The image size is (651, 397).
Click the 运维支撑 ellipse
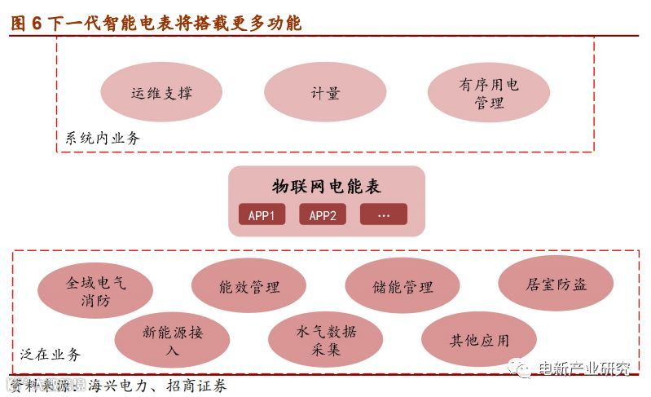tap(161, 93)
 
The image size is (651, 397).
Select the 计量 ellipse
tap(324, 93)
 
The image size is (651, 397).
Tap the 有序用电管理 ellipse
tap(488, 93)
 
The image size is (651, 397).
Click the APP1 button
tap(262, 215)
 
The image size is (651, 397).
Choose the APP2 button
tap(323, 215)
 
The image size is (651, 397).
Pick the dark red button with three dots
tap(384, 215)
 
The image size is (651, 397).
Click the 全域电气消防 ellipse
tap(95, 291)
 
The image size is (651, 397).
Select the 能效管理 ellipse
tap(249, 287)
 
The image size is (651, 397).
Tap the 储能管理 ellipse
tap(402, 287)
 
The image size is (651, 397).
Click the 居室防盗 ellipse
tap(556, 285)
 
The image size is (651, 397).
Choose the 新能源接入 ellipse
tap(172, 340)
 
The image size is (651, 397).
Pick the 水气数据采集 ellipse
tap(326, 340)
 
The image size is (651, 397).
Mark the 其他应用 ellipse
tap(479, 340)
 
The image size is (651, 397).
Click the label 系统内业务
tap(103, 138)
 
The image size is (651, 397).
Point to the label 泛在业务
tap(51, 355)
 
